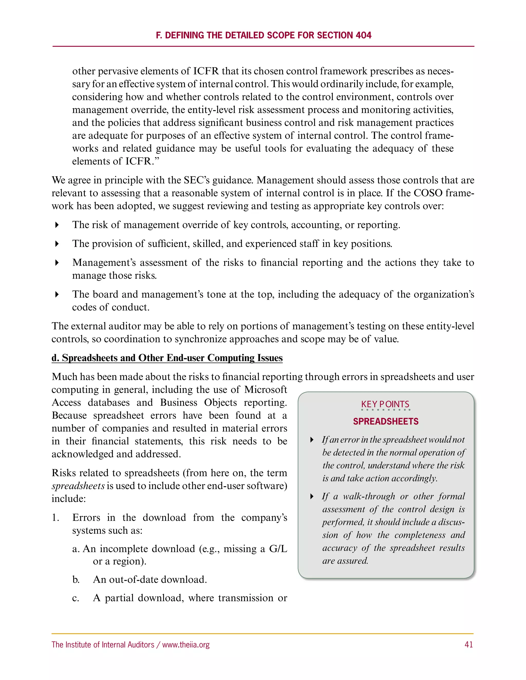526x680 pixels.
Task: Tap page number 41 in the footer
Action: [468, 645]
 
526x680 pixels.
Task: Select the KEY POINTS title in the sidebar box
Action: [385, 404]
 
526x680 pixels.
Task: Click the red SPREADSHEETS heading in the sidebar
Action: [386, 421]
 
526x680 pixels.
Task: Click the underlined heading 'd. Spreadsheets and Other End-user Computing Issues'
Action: [167, 358]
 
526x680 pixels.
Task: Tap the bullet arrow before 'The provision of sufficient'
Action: [57, 244]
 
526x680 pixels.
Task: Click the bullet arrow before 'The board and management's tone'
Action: [57, 294]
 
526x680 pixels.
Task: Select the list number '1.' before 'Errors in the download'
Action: [55, 518]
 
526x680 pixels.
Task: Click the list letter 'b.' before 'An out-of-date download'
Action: [76, 579]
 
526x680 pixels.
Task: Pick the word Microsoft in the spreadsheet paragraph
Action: [266, 390]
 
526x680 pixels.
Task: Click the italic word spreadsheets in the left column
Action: [78, 486]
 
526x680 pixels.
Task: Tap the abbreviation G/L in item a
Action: [278, 549]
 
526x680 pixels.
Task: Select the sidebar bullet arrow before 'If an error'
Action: [312, 440]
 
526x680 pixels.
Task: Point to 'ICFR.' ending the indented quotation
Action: [139, 161]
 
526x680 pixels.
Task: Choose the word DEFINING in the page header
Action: [184, 35]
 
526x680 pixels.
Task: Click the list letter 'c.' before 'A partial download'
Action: [76, 598]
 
